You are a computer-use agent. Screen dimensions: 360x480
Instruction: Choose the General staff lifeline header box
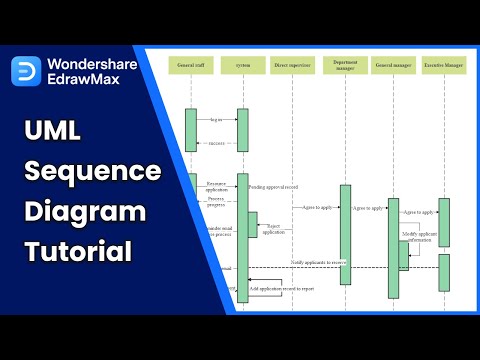click(x=191, y=65)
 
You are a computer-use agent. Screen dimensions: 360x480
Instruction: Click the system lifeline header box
click(x=242, y=65)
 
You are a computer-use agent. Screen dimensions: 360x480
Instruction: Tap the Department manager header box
click(x=345, y=65)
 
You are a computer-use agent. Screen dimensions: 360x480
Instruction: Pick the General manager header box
click(x=394, y=65)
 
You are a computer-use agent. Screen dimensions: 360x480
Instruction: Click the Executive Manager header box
click(x=444, y=65)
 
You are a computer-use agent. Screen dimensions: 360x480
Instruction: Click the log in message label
click(x=216, y=119)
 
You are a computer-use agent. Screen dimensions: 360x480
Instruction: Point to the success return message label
click(x=216, y=144)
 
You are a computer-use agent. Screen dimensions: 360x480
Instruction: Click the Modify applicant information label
click(x=419, y=237)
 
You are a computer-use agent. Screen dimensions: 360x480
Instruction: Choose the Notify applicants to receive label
click(x=319, y=262)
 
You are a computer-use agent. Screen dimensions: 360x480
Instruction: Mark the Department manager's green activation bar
click(x=345, y=234)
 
